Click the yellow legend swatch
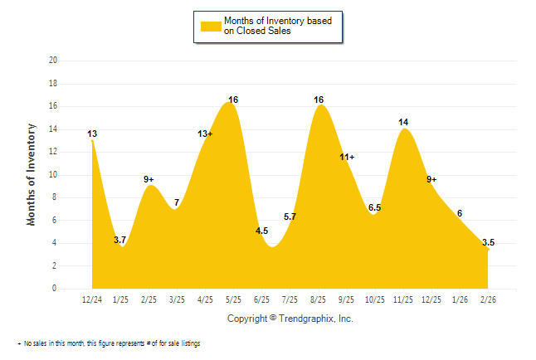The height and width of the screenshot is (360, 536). pos(210,26)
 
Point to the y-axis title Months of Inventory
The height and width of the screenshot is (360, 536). pos(32,174)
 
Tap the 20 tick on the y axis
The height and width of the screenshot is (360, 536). pos(53,61)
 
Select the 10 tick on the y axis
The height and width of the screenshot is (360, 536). pos(53,175)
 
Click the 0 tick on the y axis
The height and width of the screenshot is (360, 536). pos(55,289)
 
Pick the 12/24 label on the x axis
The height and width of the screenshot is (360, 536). pos(92,299)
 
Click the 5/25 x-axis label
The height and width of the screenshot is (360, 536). pos(233,299)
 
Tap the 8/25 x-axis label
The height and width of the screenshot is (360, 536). pos(318,299)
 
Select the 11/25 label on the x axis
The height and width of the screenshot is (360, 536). pos(402,299)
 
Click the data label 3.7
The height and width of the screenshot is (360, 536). pos(120,240)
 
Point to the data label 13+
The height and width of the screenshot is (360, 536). pos(205,134)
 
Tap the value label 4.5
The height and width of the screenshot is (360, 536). pos(261,231)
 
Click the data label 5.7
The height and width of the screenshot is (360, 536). pos(290,216)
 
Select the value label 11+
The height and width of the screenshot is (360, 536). pos(347,157)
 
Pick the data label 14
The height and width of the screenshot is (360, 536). pos(403,122)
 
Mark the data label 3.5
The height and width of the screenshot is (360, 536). pos(488,242)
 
